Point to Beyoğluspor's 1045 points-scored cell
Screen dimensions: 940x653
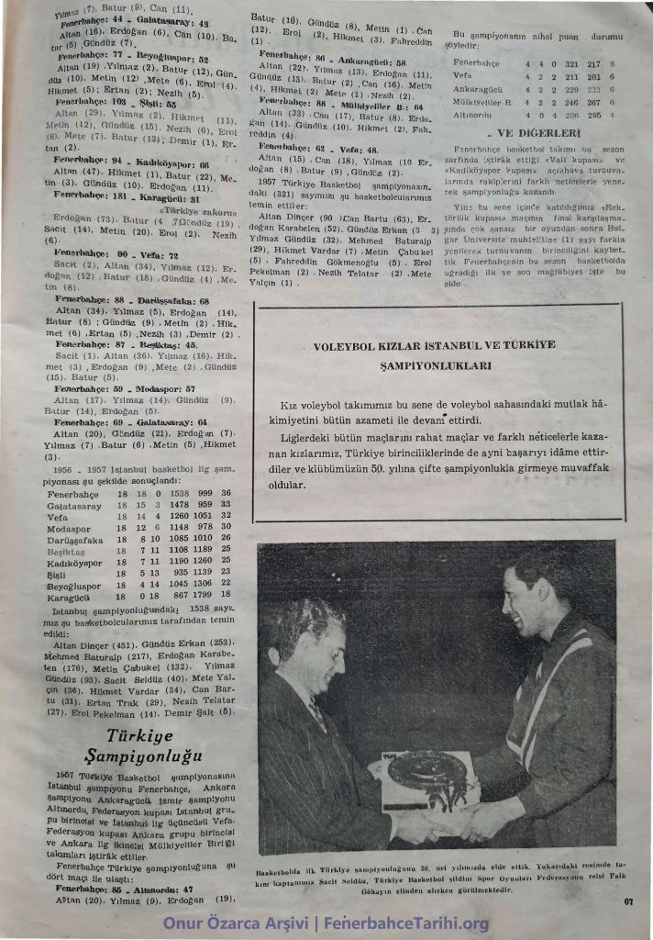point(169,583)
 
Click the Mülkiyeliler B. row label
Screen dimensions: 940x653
point(483,105)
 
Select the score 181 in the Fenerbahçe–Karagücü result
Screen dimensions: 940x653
point(122,196)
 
